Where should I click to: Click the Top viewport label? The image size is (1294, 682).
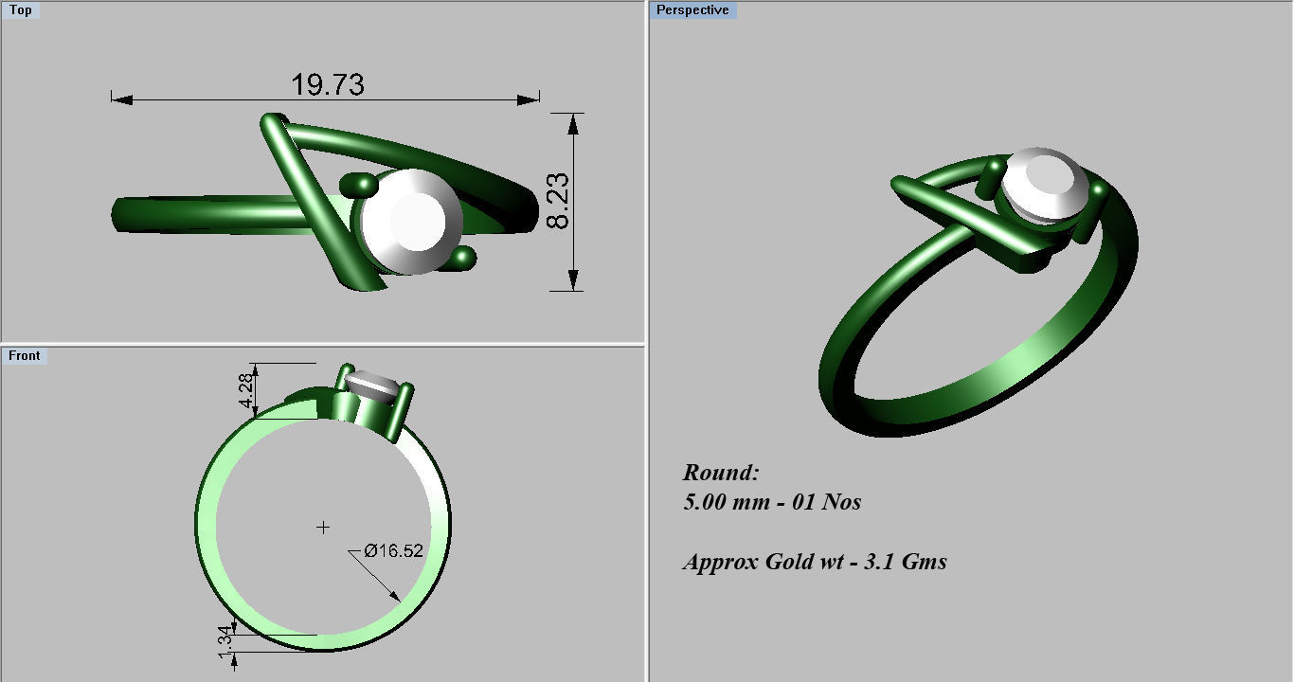click(20, 10)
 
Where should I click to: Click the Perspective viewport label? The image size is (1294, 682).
click(692, 10)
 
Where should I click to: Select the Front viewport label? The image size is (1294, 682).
click(25, 356)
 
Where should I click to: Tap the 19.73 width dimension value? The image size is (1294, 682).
click(328, 85)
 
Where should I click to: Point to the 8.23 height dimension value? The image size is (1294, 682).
click(558, 201)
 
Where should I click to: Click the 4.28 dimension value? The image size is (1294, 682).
click(245, 391)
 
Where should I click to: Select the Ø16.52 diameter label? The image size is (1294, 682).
click(393, 550)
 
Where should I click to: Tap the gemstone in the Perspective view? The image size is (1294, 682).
click(1043, 184)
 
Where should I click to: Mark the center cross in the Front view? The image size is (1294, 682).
click(323, 527)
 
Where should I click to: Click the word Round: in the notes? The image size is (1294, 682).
click(721, 473)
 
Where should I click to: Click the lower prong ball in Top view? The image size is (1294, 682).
click(463, 257)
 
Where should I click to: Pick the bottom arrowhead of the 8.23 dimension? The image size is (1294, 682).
click(573, 281)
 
